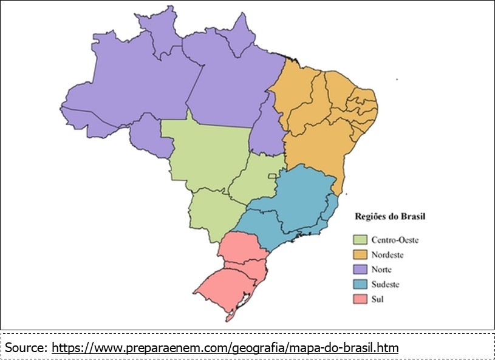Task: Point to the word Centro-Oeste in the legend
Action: [395, 240]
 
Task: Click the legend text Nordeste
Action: [387, 255]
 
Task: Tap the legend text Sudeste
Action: [386, 284]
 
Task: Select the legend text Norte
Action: [381, 270]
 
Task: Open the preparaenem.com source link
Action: [225, 348]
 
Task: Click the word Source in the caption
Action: [26, 348]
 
